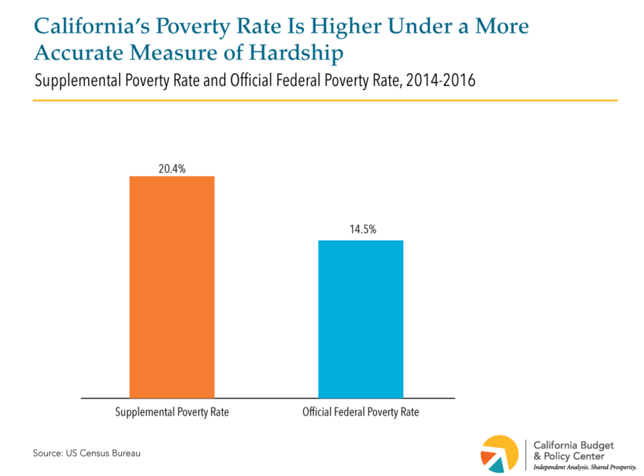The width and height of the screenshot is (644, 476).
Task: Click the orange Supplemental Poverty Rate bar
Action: pos(172,287)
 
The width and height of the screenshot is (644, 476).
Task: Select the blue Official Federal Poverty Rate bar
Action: pos(360,319)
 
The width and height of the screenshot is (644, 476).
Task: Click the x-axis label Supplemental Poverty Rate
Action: pos(171,412)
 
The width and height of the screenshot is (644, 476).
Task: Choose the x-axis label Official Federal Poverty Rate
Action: pos(360,412)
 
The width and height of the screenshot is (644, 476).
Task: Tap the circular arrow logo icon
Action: pos(500,453)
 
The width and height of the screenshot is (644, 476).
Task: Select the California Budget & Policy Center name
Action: pos(573,450)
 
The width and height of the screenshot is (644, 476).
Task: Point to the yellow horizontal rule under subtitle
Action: pos(325,101)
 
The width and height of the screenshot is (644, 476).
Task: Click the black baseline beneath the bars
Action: pos(268,398)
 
